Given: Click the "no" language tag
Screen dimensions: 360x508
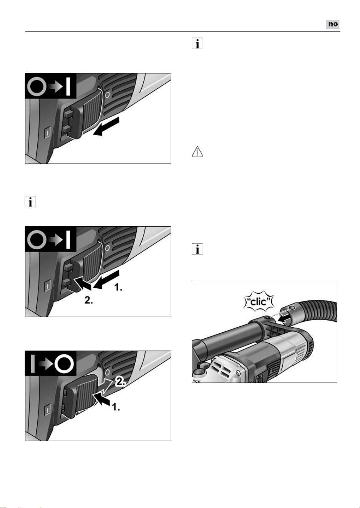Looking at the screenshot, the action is click(333, 24).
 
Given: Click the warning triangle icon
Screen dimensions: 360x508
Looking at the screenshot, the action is click(197, 152).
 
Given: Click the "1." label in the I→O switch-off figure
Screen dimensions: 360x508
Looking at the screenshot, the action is click(116, 407).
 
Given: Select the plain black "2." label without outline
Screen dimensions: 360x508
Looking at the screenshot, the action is click(88, 300).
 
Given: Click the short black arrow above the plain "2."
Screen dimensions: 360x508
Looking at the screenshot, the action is click(83, 283).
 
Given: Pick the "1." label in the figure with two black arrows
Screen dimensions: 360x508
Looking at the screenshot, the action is click(118, 288).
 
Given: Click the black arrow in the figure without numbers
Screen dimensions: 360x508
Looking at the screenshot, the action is click(106, 126).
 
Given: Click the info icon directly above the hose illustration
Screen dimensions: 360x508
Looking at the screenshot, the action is click(197, 249).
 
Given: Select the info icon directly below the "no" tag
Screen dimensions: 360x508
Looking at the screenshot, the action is click(197, 43).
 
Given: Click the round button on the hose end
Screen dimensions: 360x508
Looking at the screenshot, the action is click(293, 308).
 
